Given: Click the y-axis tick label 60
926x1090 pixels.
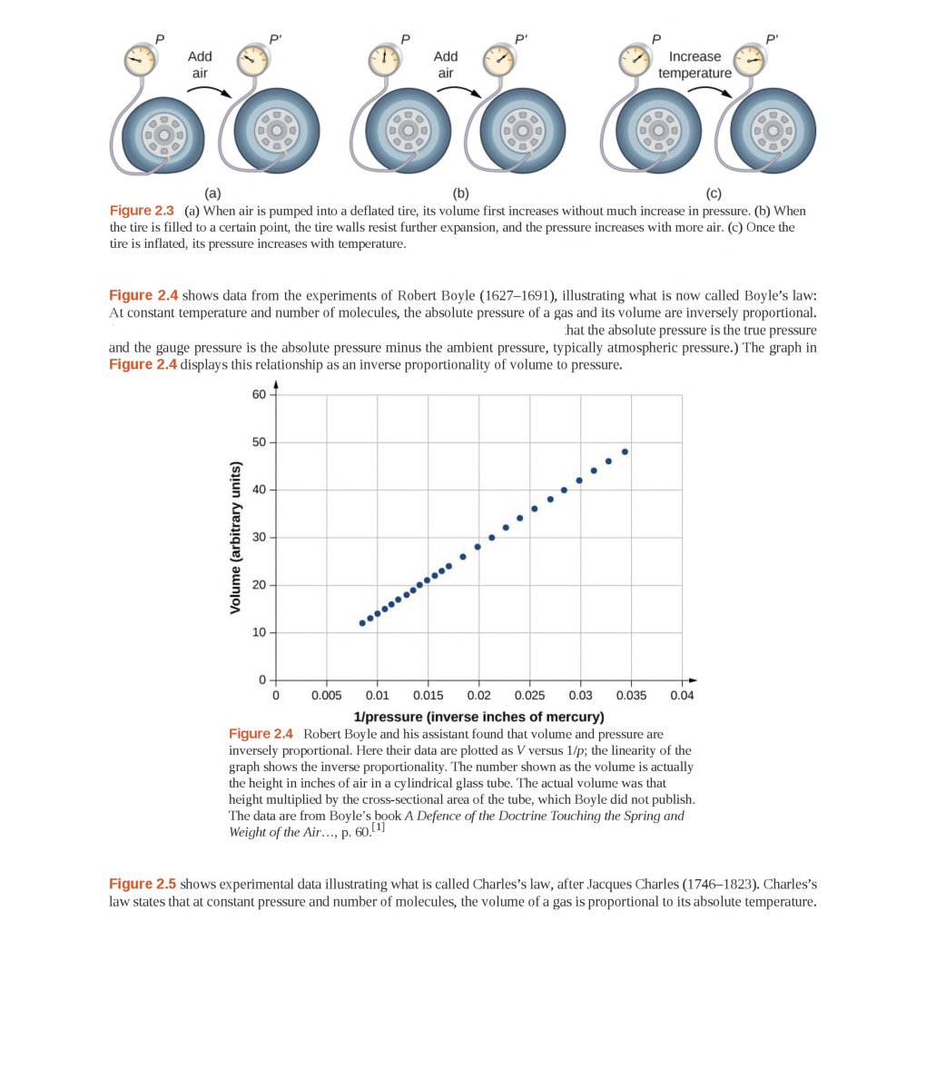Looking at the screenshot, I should tap(259, 394).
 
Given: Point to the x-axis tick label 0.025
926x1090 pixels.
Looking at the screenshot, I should tap(529, 696).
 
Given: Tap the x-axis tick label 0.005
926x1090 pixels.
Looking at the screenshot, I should tap(326, 696).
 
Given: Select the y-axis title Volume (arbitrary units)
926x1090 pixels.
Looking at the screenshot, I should tap(235, 538).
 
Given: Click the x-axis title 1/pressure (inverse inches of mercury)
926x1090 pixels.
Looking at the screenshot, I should tap(478, 717).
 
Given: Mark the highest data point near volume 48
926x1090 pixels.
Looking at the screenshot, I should tap(625, 451).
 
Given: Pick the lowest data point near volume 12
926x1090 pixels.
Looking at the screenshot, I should tap(362, 623).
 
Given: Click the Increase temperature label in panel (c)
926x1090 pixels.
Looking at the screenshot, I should tap(694, 64).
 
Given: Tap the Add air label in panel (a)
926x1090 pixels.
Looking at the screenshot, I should tap(200, 64).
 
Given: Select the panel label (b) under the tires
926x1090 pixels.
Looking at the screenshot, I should tap(461, 193).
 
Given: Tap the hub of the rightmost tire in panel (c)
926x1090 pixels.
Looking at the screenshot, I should tap(773, 131).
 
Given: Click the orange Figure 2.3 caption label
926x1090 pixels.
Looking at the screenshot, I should tap(142, 211).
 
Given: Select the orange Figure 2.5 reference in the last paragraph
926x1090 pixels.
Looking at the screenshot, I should tap(143, 884).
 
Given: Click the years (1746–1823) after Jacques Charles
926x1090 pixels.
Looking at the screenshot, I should tap(717, 884).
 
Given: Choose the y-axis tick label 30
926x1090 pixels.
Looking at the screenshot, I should tap(259, 537).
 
